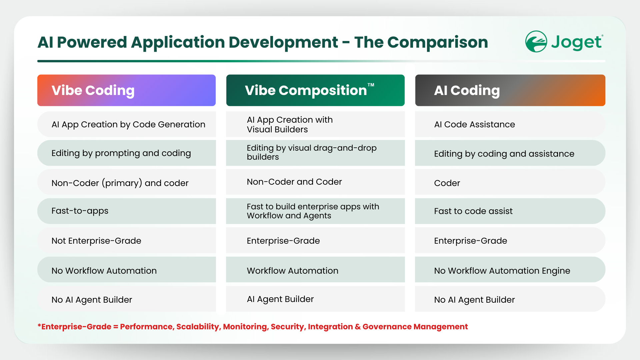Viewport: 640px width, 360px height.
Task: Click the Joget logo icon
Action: coord(536,42)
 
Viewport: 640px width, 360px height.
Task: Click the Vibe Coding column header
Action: coord(126,90)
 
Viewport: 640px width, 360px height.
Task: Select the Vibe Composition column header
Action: coord(315,90)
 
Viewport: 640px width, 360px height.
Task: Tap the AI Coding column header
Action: coord(510,90)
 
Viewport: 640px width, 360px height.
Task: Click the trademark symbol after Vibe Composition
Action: coord(371,85)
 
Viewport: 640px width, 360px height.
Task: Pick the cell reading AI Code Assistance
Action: coord(510,124)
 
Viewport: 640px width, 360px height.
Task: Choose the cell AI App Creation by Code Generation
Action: coord(126,124)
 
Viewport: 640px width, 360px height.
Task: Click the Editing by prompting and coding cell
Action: coord(126,153)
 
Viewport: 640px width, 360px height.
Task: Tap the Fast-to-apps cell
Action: coord(126,211)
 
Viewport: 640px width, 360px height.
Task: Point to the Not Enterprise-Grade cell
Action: coord(126,240)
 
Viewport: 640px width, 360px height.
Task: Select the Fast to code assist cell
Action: coord(510,211)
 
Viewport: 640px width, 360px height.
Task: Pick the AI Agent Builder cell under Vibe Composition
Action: coord(315,299)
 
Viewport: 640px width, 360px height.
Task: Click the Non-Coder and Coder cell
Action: coord(315,182)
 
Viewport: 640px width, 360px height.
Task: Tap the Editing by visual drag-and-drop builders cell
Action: coord(315,153)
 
